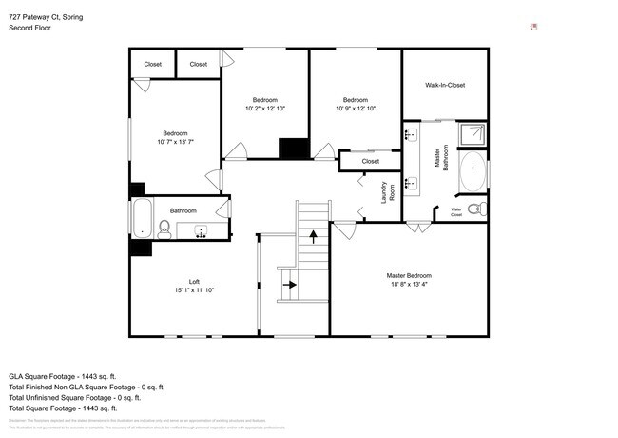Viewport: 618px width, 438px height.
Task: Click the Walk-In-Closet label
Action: click(x=444, y=85)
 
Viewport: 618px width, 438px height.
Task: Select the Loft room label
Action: click(x=193, y=281)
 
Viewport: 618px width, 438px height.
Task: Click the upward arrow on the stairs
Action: click(x=313, y=235)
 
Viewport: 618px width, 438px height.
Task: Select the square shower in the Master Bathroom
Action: click(x=472, y=134)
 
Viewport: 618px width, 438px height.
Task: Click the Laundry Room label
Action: click(x=388, y=192)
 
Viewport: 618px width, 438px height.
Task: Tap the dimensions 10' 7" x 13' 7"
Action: click(x=175, y=142)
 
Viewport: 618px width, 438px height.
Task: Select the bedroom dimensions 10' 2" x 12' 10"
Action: click(x=264, y=109)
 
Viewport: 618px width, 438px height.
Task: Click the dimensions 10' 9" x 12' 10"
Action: click(x=356, y=109)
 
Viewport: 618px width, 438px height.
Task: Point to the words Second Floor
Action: click(x=30, y=29)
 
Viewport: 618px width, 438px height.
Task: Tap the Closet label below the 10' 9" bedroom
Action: click(x=370, y=162)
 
